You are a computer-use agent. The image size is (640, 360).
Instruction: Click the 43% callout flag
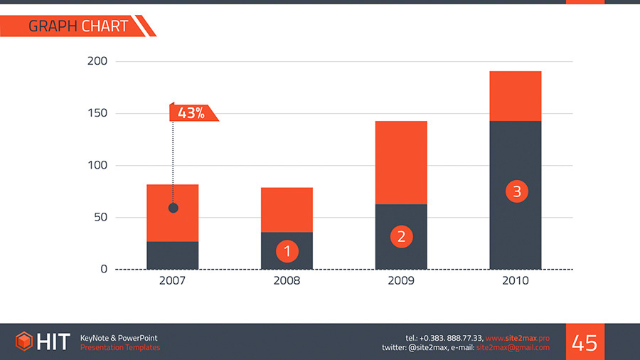[192, 112]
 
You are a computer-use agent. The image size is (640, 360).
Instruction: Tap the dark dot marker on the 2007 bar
[173, 208]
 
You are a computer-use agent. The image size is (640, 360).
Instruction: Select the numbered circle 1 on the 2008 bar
[287, 250]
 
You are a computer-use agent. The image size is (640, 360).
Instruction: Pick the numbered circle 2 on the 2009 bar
[401, 237]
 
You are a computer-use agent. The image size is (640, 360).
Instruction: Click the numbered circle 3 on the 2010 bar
[516, 191]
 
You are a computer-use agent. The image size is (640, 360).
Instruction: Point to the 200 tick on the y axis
[97, 61]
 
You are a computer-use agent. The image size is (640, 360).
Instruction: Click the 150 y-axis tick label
[97, 114]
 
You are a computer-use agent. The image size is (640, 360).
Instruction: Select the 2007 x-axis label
[172, 281]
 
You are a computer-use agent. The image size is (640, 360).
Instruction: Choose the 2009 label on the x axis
[401, 281]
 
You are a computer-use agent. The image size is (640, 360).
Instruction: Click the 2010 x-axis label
[516, 281]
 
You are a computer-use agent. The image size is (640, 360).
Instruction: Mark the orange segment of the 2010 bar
[516, 96]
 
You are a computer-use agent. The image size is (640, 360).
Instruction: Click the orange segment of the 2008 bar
[287, 209]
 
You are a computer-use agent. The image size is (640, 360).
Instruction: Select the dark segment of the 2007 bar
[173, 255]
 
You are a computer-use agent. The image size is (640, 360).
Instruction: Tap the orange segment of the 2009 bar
[401, 162]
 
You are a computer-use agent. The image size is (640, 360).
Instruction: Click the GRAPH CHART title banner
[78, 26]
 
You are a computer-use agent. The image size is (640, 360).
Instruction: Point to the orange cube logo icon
[25, 342]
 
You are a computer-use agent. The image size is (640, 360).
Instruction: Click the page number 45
[585, 342]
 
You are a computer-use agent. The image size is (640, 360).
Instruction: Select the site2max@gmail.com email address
[513, 347]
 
